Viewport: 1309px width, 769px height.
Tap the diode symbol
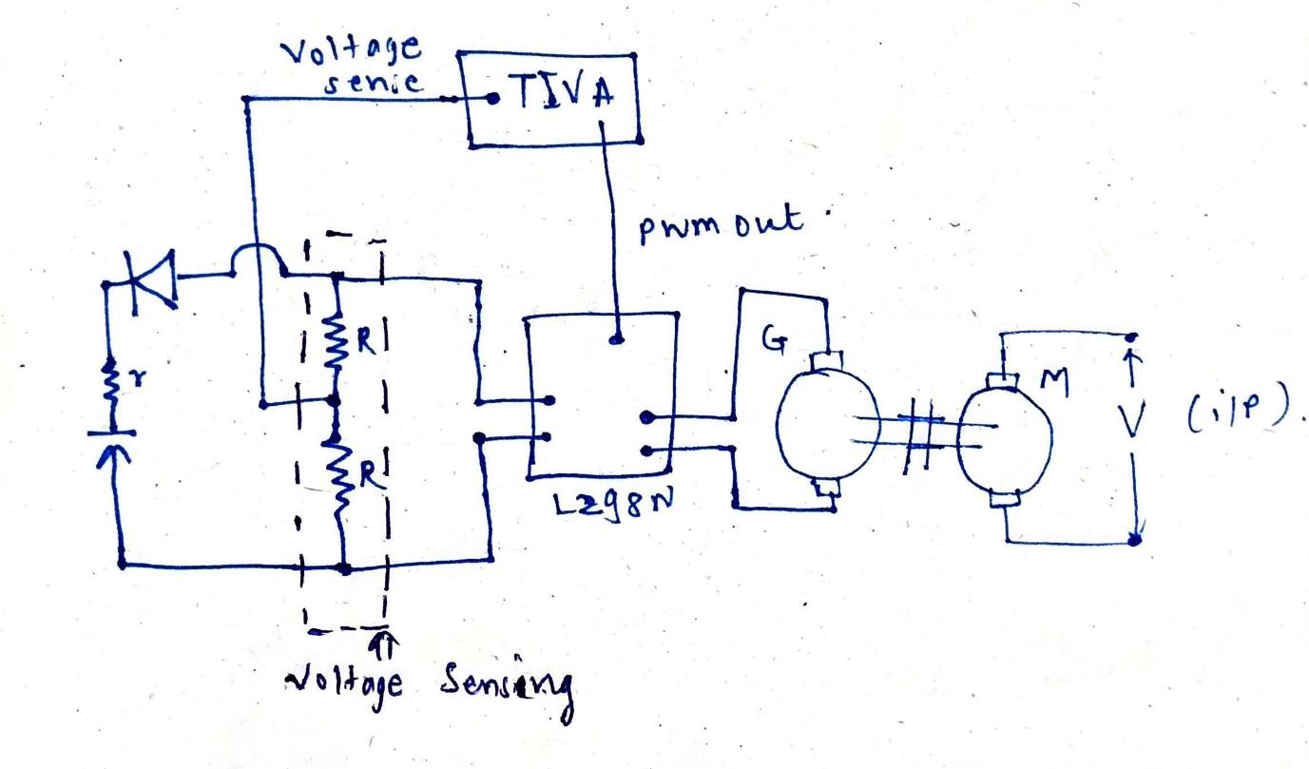(x=153, y=279)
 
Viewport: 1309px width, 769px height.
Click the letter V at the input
(x=1131, y=423)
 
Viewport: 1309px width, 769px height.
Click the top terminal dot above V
(x=1131, y=337)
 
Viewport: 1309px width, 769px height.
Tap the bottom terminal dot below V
(x=1134, y=540)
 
